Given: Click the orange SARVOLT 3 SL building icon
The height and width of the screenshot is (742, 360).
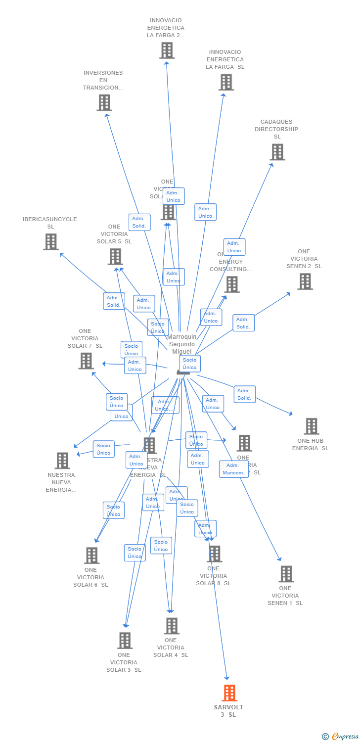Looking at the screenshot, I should (229, 693).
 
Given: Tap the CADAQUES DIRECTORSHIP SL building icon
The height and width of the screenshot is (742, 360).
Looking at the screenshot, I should (277, 152).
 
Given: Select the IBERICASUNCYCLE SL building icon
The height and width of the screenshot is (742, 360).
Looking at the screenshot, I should (50, 242).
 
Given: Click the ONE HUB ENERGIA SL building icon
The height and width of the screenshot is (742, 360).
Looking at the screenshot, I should (311, 426).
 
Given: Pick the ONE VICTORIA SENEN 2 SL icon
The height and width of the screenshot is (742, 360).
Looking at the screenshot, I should (305, 281).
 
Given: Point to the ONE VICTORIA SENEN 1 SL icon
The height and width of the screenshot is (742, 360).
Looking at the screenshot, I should (286, 574).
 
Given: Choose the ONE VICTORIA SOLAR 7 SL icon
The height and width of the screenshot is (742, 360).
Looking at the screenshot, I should (86, 361).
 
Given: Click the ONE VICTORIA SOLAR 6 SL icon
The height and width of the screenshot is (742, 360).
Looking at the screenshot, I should (91, 556).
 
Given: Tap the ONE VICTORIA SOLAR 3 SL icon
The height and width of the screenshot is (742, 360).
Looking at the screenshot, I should (125, 641).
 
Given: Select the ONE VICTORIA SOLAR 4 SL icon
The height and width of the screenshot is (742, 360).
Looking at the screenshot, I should (172, 626).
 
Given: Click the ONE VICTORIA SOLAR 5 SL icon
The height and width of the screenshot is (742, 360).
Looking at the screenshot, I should (115, 257).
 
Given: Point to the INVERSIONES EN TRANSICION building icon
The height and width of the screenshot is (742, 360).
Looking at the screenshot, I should (104, 103).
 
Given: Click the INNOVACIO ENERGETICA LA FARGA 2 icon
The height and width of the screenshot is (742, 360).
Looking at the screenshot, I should (167, 50).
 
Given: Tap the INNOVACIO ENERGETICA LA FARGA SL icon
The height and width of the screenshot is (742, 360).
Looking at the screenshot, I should (226, 82).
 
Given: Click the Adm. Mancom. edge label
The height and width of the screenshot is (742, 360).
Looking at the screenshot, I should (233, 469).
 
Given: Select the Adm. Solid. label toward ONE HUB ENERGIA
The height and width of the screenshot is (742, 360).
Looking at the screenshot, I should (244, 394).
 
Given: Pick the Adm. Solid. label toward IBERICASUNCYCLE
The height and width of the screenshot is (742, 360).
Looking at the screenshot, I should (114, 301).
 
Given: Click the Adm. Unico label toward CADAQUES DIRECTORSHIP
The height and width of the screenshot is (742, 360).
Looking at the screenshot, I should (234, 247).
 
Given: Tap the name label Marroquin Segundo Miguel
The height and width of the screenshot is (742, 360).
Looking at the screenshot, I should (182, 344).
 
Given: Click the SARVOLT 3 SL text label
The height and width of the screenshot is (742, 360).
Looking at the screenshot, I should (228, 711).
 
